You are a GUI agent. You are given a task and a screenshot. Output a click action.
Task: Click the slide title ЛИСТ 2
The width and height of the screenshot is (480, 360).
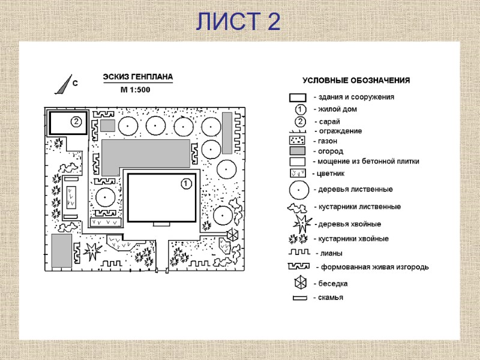[x=238, y=22]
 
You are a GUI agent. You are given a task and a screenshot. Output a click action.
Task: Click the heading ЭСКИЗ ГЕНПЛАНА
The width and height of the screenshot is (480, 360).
[x=138, y=77]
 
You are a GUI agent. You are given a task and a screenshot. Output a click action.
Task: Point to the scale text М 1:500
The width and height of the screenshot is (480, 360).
[x=135, y=90]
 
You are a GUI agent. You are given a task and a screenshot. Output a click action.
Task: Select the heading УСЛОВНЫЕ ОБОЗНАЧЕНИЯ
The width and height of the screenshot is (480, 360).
[x=356, y=80]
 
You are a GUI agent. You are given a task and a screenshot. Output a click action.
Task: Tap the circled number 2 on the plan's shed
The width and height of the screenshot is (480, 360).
[x=76, y=122]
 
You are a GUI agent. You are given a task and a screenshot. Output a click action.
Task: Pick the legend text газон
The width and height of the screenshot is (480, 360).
[x=327, y=140]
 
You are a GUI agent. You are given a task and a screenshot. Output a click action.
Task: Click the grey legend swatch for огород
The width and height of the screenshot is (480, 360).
[x=298, y=151]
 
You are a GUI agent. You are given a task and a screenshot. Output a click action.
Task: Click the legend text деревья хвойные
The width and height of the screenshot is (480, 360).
[x=349, y=224]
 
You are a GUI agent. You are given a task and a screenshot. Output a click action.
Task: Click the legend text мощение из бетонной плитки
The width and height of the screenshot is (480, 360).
[x=368, y=161]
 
